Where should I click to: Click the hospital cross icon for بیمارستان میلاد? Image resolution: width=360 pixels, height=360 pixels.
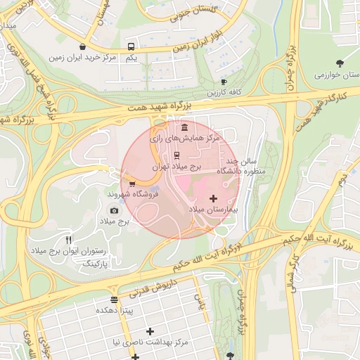click(214, 199)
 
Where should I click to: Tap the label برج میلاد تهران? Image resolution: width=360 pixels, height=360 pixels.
click(177, 168)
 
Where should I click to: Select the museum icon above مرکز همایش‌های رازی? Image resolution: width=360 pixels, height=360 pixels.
click(184, 127)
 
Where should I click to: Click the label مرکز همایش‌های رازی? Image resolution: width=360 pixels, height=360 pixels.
click(184, 139)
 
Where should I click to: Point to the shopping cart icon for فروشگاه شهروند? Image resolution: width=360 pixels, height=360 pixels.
click(132, 184)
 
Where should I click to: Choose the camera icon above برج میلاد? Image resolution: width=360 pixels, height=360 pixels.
click(115, 210)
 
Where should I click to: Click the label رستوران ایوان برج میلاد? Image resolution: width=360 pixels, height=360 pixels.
click(69, 251)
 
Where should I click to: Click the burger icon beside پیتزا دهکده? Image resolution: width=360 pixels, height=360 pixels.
click(115, 300)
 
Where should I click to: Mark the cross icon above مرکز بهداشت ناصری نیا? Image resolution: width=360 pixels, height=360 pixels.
click(149, 331)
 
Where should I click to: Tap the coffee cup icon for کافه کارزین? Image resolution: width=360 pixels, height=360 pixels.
click(224, 82)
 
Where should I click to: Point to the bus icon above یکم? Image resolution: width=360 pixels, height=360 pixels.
click(131, 47)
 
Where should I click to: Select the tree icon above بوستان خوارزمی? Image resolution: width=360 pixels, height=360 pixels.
click(340, 63)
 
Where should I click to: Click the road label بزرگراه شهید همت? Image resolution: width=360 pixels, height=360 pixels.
click(160, 107)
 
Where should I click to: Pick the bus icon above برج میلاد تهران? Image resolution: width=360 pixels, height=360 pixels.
click(176, 156)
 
